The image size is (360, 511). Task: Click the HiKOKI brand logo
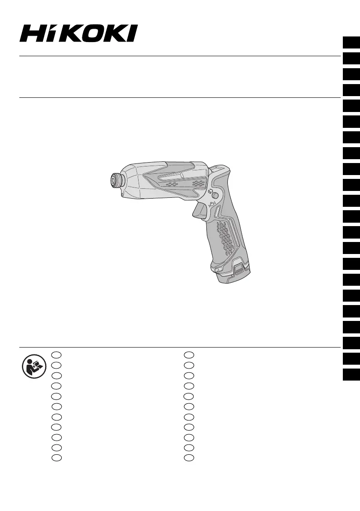pos(79,33)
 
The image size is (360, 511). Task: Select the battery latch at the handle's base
pos(240,269)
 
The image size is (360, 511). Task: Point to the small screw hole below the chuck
pos(122,195)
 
